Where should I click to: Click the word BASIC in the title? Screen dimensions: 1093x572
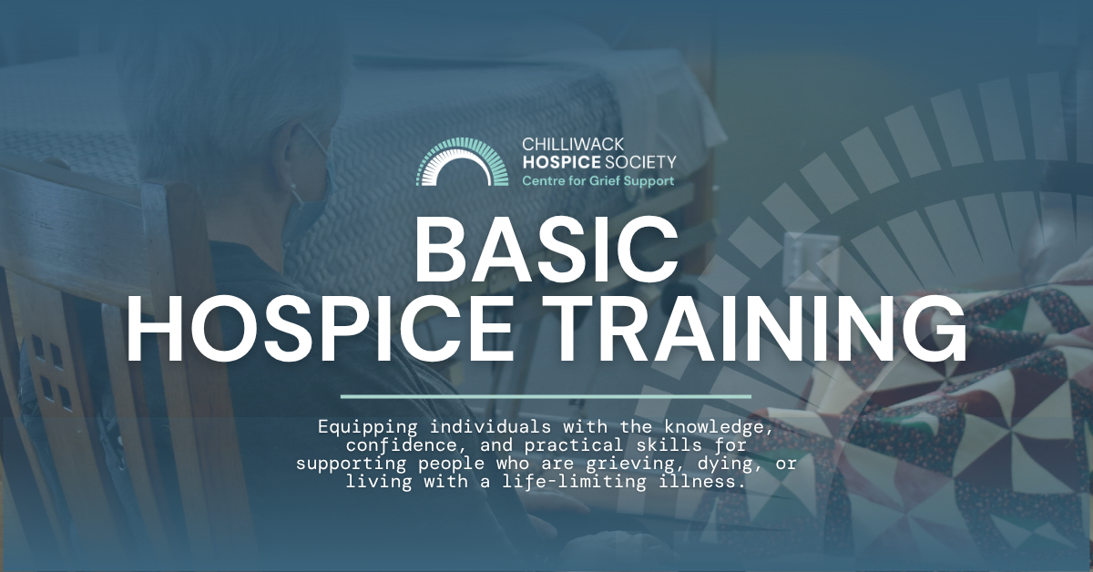[x=546, y=250]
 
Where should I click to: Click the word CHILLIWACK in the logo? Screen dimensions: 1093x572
[x=573, y=144]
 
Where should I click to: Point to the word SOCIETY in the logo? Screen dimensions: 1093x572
[x=640, y=162]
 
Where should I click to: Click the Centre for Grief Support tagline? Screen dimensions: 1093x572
[x=598, y=181]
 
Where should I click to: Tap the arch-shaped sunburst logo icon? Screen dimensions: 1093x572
[x=462, y=161]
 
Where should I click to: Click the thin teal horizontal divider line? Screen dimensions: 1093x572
[x=546, y=396]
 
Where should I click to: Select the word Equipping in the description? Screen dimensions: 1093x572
[x=367, y=427]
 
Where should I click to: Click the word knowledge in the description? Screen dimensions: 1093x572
[x=719, y=427]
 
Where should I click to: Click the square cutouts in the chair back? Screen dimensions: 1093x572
[x=52, y=372]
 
